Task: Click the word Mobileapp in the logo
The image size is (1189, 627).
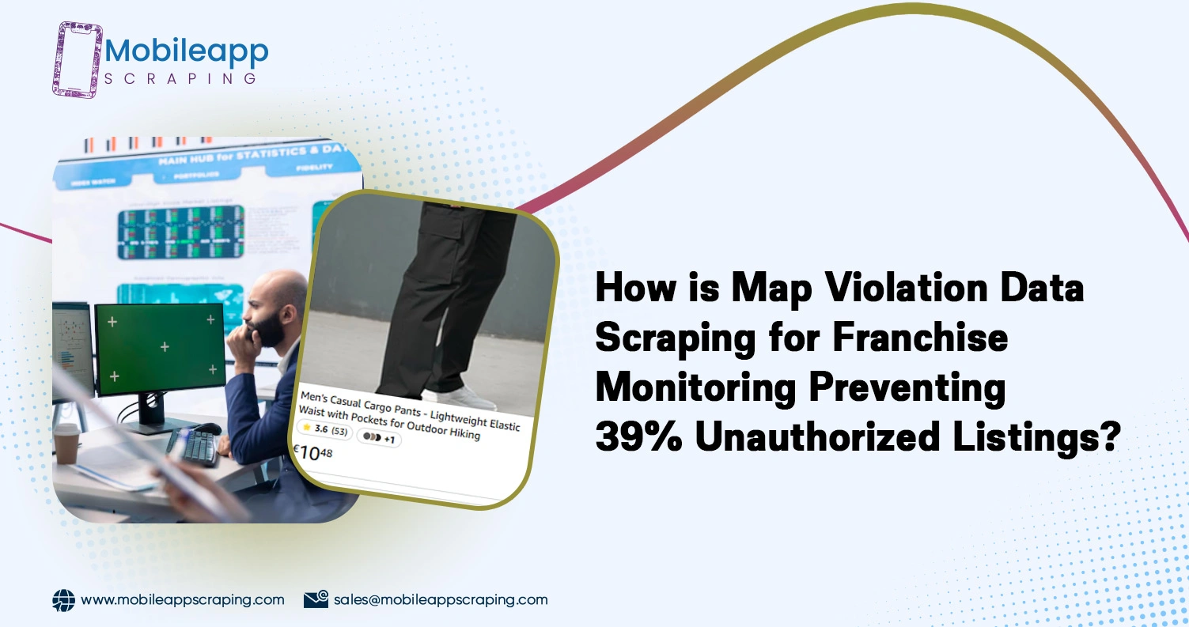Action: (x=187, y=51)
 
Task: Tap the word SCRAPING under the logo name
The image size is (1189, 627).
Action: (x=181, y=78)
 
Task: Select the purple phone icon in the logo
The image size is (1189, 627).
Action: (x=78, y=59)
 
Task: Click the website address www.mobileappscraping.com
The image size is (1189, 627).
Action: (x=183, y=599)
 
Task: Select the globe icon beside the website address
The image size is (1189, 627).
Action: (x=63, y=600)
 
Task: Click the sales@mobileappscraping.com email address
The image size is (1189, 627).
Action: (x=440, y=599)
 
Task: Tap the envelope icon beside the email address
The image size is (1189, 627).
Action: (x=316, y=599)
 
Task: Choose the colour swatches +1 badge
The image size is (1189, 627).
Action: (x=379, y=437)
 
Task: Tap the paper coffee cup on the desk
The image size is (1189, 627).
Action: (x=66, y=442)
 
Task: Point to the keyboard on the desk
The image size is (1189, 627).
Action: (x=195, y=447)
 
